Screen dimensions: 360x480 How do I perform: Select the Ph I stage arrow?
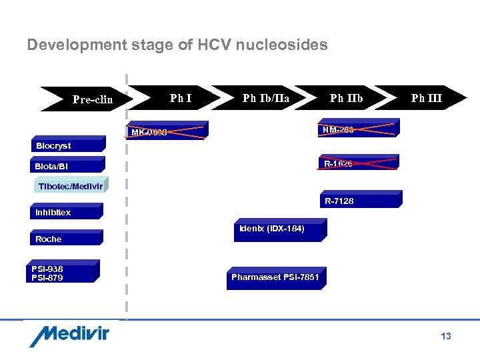pos(173,99)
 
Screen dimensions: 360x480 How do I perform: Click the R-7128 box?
pos(360,199)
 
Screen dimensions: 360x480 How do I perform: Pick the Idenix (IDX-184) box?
pos(280,229)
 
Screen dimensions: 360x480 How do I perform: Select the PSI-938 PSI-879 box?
pos(65,273)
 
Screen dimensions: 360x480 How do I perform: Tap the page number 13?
pos(445,336)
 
